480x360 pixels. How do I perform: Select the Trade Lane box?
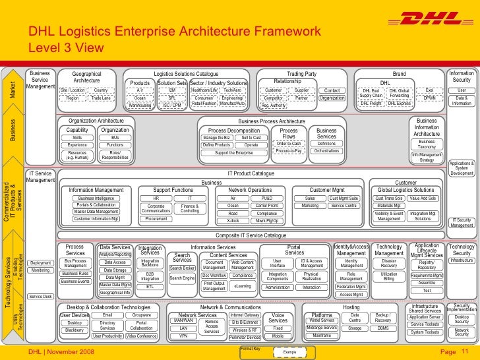click(x=101, y=98)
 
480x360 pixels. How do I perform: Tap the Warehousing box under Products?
click(x=140, y=105)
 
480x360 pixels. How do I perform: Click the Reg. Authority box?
click(x=273, y=105)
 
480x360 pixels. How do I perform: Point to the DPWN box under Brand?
click(x=429, y=98)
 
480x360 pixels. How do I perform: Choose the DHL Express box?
click(x=399, y=104)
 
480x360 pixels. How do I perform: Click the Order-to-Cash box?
click(x=289, y=143)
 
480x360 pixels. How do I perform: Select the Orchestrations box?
click(x=326, y=151)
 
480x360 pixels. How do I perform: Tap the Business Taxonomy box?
click(x=427, y=144)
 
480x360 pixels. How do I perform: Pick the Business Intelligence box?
click(x=95, y=198)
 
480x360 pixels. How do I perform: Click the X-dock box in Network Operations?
click(x=233, y=220)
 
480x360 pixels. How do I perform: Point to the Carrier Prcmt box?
click(x=267, y=205)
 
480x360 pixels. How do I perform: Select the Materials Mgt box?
click(x=389, y=206)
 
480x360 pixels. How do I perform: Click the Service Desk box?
click(x=41, y=297)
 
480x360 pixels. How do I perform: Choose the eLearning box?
click(x=243, y=286)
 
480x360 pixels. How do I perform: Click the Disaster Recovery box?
click(x=389, y=263)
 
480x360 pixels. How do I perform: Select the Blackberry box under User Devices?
click(x=75, y=330)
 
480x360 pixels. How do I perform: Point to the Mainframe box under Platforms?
click(x=322, y=336)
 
